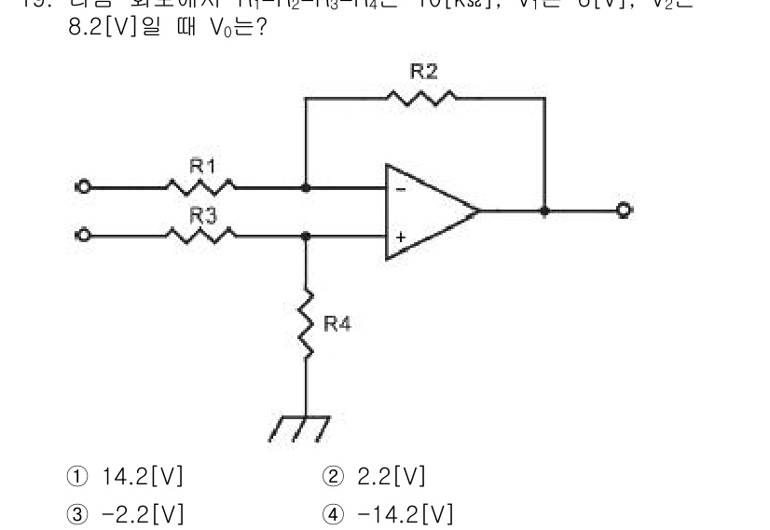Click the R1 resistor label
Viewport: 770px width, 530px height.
click(x=202, y=167)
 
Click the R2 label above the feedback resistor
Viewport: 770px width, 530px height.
click(x=424, y=71)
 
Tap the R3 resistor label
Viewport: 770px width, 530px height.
click(x=202, y=216)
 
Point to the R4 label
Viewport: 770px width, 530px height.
click(x=337, y=324)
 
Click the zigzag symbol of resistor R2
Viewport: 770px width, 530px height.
click(x=423, y=96)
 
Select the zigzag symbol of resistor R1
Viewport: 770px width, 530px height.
click(x=200, y=186)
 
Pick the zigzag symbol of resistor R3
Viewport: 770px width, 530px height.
click(x=200, y=236)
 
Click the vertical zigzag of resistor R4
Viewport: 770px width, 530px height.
click(x=306, y=322)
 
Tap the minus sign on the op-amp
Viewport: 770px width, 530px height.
click(x=401, y=189)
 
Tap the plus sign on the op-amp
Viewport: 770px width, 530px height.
click(x=401, y=238)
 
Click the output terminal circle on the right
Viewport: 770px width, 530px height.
click(x=623, y=211)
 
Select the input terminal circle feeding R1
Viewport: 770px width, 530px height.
click(x=84, y=187)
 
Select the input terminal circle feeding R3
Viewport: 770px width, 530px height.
click(x=84, y=236)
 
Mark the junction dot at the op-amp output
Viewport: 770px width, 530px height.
click(x=545, y=211)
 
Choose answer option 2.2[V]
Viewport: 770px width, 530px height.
click(x=378, y=478)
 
